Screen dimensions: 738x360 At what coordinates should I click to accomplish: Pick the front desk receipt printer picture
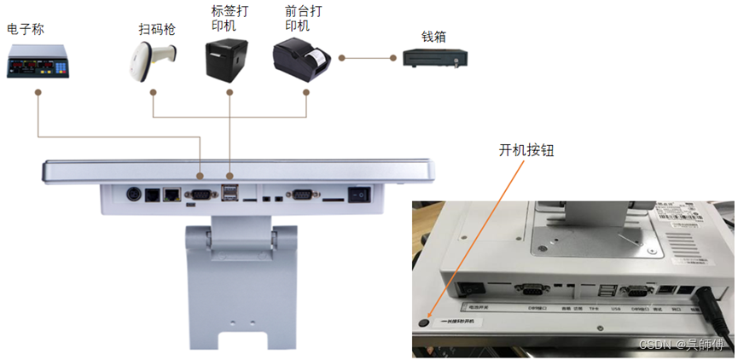301,58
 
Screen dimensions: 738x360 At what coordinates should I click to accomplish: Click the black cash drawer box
434,59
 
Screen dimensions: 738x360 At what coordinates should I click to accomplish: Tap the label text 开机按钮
526,150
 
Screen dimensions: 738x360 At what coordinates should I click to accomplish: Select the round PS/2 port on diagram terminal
133,194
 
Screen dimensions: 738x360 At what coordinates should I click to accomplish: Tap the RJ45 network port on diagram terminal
171,195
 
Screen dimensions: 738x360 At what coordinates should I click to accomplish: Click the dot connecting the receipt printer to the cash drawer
341,59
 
